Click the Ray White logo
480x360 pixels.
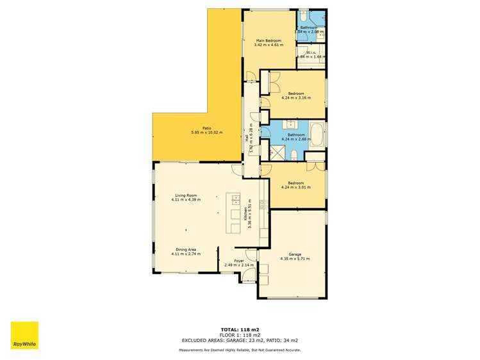[24, 335]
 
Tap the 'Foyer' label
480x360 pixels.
[239, 261]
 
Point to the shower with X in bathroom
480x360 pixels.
[277, 152]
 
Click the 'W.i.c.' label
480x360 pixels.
[310, 53]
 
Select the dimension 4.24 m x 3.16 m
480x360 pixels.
[295, 98]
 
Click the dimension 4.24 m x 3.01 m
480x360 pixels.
[295, 188]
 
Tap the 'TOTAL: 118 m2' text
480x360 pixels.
[240, 329]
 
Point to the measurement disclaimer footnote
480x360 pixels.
[240, 350]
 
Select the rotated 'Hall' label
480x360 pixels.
[247, 137]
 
